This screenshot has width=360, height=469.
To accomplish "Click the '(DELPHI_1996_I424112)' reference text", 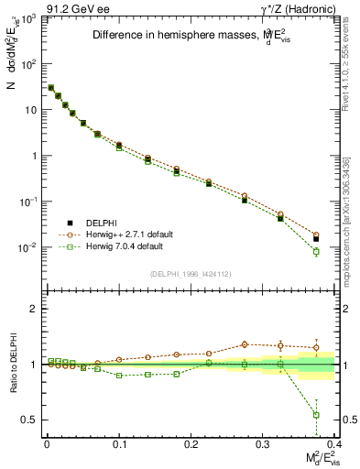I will point(191,273).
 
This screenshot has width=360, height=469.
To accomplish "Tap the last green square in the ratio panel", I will point(316,415).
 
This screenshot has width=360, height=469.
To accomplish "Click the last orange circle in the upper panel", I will point(316,234).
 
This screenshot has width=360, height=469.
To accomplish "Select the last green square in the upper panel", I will point(316,251).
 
